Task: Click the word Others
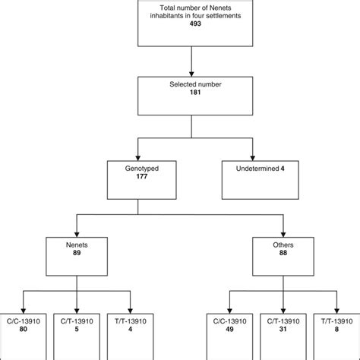click(x=283, y=245)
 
